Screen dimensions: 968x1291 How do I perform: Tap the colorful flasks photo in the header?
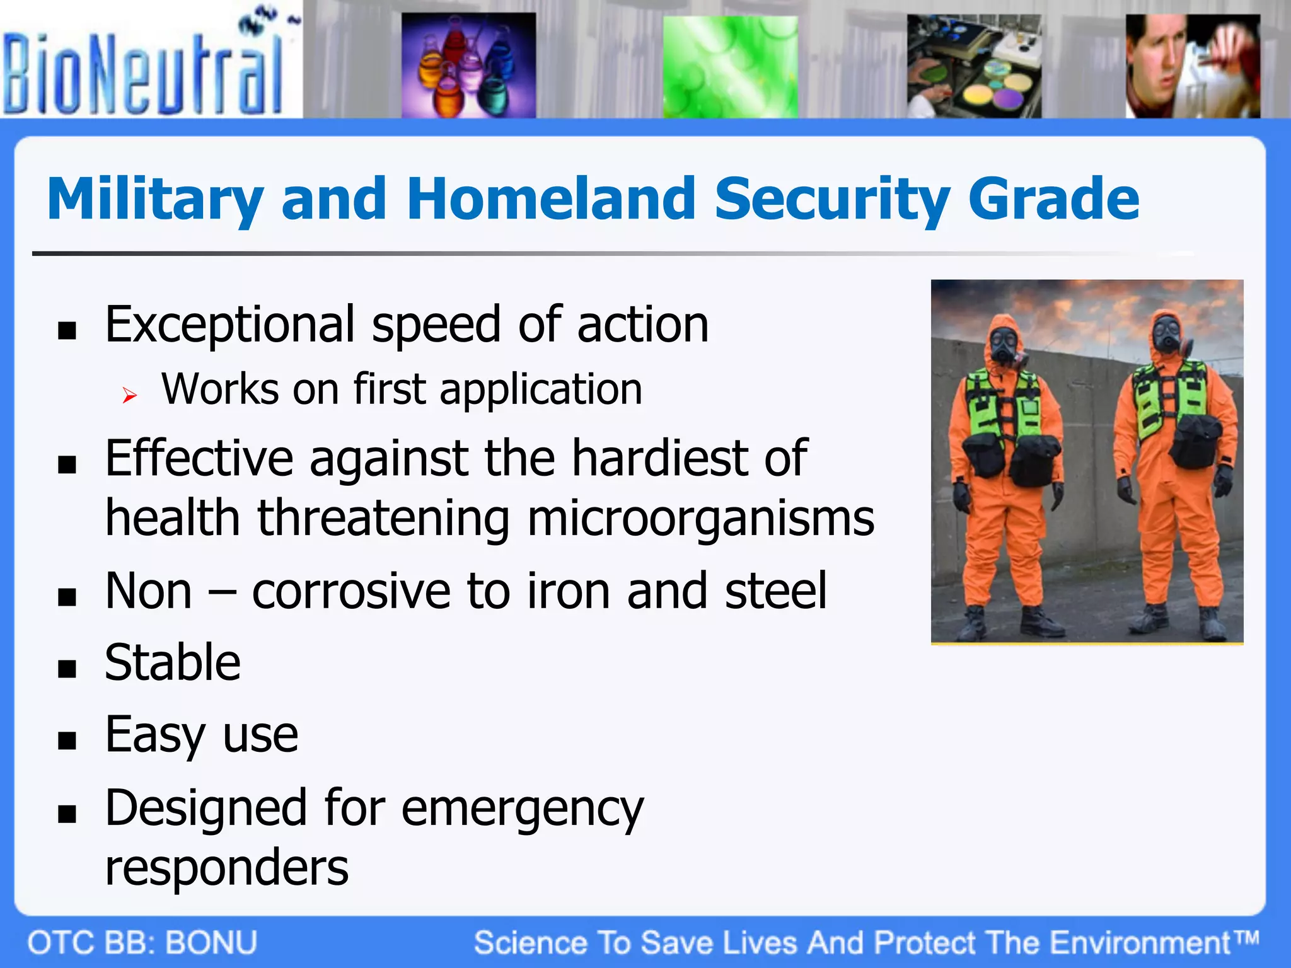tap(468, 66)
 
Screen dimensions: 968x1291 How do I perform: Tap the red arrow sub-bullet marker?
tap(130, 396)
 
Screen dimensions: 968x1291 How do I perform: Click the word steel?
tap(775, 591)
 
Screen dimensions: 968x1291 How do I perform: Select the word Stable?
tap(173, 663)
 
